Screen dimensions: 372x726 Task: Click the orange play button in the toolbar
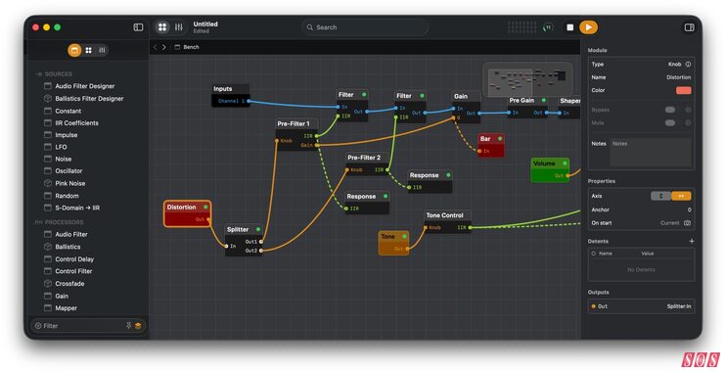coord(588,27)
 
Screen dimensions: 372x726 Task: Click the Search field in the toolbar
coord(364,27)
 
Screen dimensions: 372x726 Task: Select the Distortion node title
coord(182,208)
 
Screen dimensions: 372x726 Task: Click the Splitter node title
coord(239,229)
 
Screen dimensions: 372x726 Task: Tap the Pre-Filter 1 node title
coord(294,124)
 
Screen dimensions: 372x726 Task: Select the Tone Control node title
coord(445,215)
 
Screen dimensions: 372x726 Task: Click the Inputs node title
coord(224,89)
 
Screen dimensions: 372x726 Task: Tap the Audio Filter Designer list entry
coord(84,86)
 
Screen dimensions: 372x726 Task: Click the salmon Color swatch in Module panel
coord(683,90)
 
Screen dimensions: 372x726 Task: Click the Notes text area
coord(651,152)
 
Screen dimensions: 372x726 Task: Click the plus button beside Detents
coord(691,241)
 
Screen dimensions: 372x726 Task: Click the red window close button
coord(33,27)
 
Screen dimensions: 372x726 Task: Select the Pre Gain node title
coord(522,100)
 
